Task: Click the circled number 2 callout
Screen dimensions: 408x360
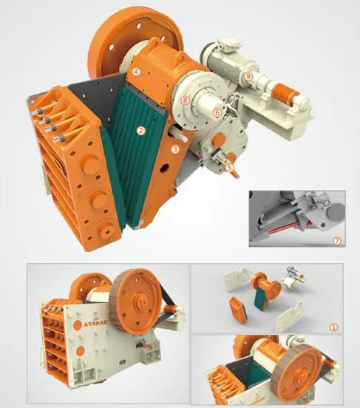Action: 140,130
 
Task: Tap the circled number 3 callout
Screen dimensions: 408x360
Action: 175,149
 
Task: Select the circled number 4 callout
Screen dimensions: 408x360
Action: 137,72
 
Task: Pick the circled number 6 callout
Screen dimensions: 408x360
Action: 217,112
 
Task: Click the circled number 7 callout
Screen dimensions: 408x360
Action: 337,240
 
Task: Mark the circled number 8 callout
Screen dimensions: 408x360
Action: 186,100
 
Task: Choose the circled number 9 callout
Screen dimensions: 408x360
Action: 248,76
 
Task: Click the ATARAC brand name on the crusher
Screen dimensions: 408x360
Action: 86,322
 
